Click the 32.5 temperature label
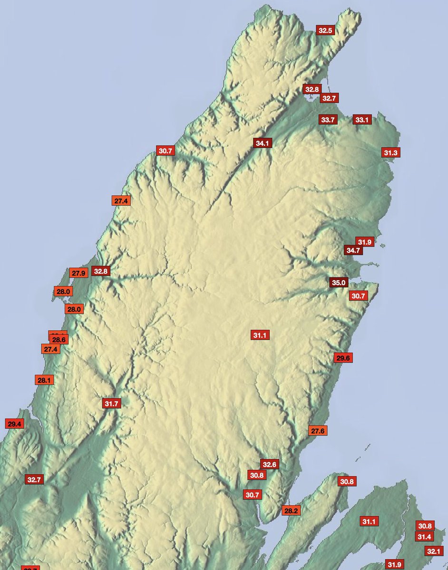coord(326,30)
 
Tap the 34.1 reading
coord(262,143)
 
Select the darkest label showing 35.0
coord(339,283)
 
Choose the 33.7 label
coord(328,120)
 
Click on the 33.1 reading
coord(362,120)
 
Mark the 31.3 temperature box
coord(391,152)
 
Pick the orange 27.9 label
coord(78,273)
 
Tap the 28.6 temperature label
coord(59,340)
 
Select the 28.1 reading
coord(44,380)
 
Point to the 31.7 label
coord(112,404)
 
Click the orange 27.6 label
coord(318,431)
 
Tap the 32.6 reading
coord(269,464)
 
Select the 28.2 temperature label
coord(291,511)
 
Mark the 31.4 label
coord(424,537)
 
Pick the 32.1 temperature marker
coord(433,551)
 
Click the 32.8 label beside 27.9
coord(101,272)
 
